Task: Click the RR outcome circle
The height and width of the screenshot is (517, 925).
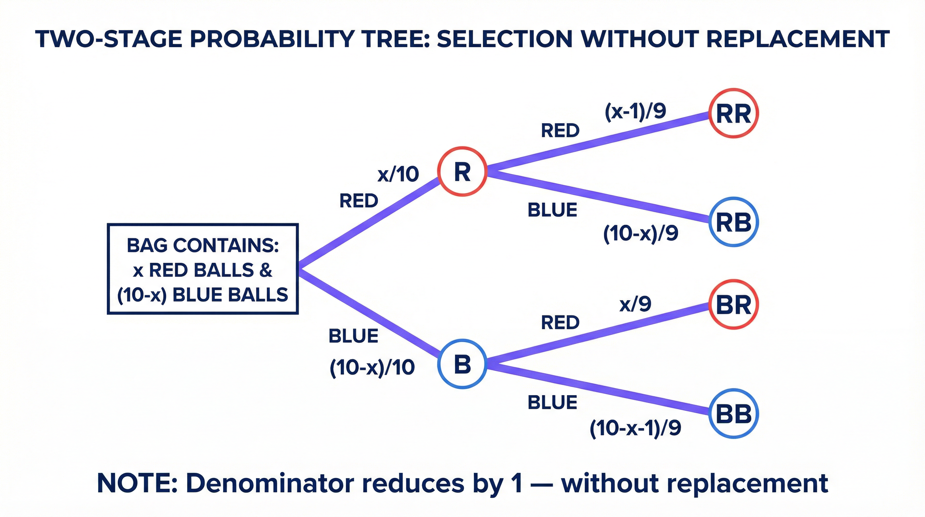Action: click(x=733, y=113)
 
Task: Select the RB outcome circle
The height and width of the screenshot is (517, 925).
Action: click(x=733, y=222)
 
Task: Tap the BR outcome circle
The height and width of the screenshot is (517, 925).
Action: click(x=733, y=305)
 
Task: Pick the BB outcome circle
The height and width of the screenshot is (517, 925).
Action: click(x=733, y=413)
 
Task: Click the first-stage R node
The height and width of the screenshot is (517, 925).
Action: click(x=462, y=172)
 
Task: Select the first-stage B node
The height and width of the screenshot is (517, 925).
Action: click(x=462, y=364)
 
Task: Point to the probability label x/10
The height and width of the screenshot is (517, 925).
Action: click(x=398, y=174)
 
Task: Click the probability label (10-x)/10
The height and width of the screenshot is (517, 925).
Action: click(x=372, y=368)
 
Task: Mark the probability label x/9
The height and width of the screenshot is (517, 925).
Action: click(x=635, y=304)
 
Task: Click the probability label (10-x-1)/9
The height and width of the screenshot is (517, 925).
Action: click(x=635, y=428)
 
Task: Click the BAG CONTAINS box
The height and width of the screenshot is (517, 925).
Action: click(x=203, y=269)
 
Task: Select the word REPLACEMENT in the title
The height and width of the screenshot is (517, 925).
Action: click(x=798, y=39)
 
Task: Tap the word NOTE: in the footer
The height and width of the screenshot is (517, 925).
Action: click(x=137, y=483)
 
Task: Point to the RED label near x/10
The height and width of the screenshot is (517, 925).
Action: click(x=359, y=201)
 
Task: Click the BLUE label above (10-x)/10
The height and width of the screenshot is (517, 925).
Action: click(x=353, y=336)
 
